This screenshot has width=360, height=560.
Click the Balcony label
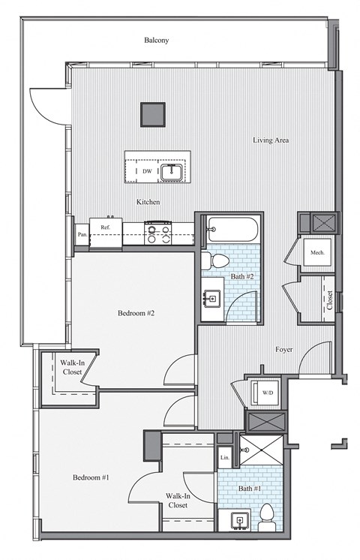(157, 41)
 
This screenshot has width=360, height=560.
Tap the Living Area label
(271, 140)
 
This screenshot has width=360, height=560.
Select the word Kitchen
(148, 202)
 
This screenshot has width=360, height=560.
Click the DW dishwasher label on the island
(147, 171)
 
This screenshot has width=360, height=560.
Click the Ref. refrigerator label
(105, 226)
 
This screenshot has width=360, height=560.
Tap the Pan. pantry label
(82, 234)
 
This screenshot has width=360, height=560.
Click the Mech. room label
(317, 253)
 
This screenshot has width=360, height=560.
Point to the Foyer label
(284, 349)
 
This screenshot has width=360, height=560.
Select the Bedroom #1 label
(91, 477)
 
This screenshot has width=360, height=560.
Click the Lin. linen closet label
(224, 456)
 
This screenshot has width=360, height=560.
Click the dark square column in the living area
(154, 113)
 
